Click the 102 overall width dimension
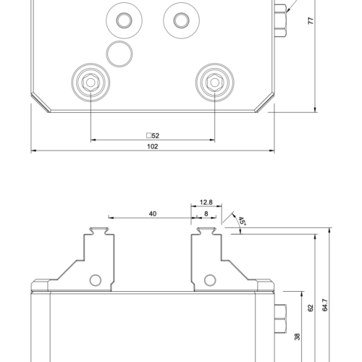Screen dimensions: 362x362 click(152, 146)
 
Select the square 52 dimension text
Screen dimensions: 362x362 click(152, 135)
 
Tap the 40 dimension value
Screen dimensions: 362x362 click(152, 214)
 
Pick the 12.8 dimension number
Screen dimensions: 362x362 click(205, 203)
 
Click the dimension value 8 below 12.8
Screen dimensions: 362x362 click(205, 214)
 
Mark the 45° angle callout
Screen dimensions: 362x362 click(241, 220)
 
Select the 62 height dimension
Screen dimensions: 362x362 click(311, 308)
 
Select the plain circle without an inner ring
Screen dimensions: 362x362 click(119, 52)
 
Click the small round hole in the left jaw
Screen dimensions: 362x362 click(94, 280)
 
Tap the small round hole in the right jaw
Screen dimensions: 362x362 click(210, 280)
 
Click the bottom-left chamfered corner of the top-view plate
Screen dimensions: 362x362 click(39, 102)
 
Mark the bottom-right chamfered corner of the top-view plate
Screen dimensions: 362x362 click(265, 102)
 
